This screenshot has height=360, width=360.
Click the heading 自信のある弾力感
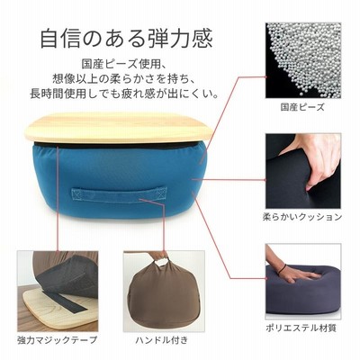pos(126,38)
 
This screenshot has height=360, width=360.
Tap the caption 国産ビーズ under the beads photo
pos(302,107)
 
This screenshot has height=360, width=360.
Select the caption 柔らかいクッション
pos(302,217)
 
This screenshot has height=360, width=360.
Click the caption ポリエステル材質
pos(301,328)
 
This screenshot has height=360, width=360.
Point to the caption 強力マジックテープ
pos(58,340)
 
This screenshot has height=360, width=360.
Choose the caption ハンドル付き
pos(162,340)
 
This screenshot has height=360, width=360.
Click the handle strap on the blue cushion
pos(119,195)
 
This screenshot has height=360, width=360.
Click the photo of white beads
pos(303,60)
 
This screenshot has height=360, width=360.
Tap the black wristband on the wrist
pos(282,269)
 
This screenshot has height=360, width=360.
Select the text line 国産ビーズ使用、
pos(123,64)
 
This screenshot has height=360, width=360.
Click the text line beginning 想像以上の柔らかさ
pos(124,79)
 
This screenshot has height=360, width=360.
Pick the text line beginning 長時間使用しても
pos(123,94)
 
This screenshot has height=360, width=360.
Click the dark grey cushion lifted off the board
pos(70,276)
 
